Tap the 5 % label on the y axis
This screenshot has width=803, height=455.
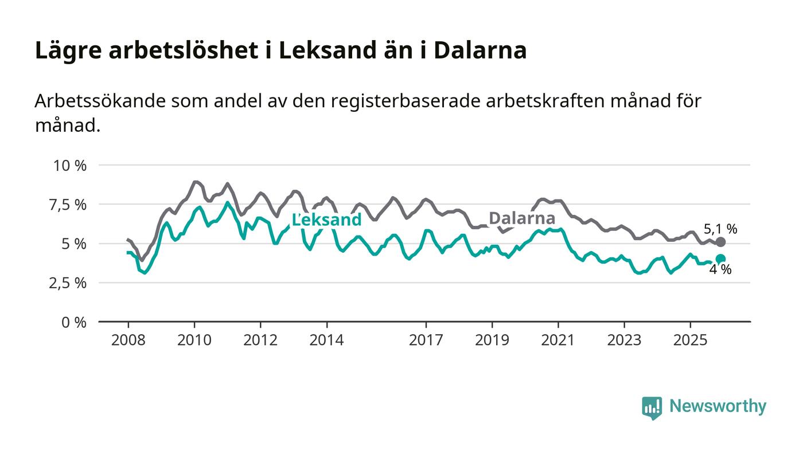click(75, 244)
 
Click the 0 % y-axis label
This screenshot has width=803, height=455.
click(75, 322)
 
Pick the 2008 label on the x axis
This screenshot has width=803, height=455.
click(128, 340)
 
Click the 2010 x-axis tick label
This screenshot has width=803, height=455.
click(194, 340)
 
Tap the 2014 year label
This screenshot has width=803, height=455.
click(326, 340)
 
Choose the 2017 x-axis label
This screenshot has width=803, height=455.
click(426, 340)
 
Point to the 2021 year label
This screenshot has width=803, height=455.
click(558, 340)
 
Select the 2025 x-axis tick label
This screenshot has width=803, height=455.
click(691, 340)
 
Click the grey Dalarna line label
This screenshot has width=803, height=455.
click(522, 218)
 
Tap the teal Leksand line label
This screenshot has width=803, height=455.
click(327, 219)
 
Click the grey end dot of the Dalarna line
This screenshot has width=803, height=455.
click(721, 242)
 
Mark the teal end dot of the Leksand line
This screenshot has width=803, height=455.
click(720, 259)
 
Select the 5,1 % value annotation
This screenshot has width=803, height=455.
click(720, 229)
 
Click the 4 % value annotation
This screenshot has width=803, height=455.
click(720, 270)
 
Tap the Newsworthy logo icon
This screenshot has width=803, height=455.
click(652, 407)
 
